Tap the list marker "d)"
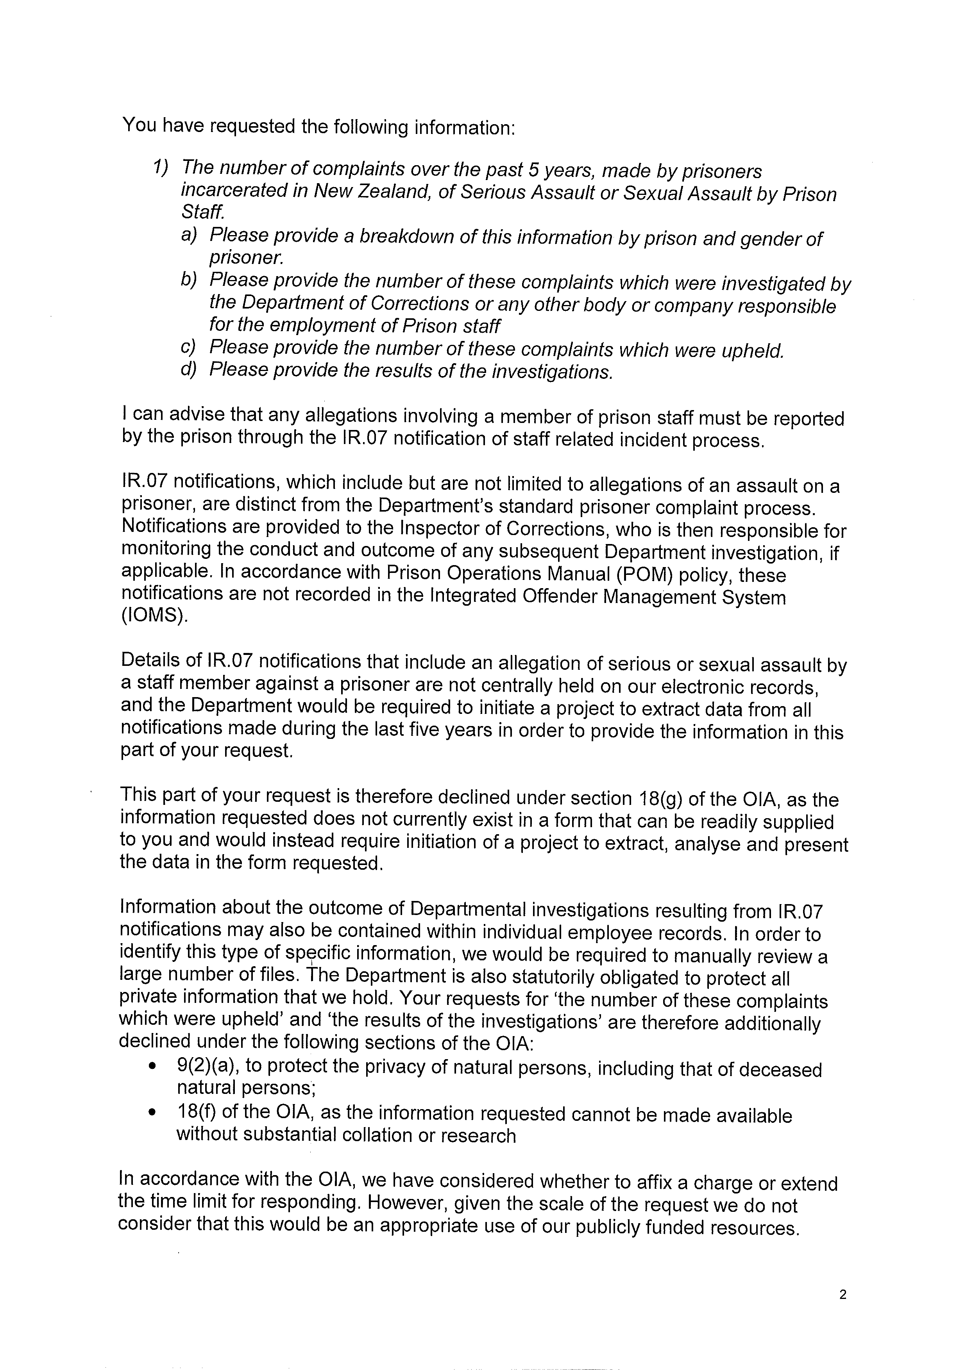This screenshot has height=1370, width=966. (x=189, y=369)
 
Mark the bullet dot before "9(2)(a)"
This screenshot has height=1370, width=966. (x=154, y=1067)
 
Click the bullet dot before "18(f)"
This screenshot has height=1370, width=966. (x=154, y=1113)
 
